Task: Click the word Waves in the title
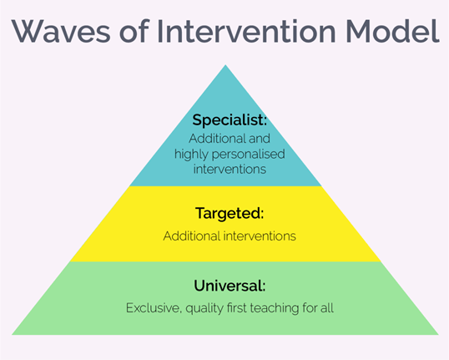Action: (61, 31)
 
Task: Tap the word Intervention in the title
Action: (246, 31)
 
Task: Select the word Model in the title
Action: (392, 31)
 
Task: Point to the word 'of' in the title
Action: (134, 31)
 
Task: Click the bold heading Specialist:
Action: (230, 119)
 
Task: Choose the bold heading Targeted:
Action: (230, 214)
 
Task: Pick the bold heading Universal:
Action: (230, 286)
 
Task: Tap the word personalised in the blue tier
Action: (248, 155)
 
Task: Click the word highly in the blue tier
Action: (191, 155)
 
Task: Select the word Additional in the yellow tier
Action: (192, 236)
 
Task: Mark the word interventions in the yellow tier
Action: (260, 236)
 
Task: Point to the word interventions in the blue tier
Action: (230, 169)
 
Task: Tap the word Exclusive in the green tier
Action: (154, 308)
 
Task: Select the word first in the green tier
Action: (237, 308)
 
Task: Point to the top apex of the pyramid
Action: (225, 65)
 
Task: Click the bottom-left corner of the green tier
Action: (12, 334)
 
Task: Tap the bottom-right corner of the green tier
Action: (438, 334)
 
